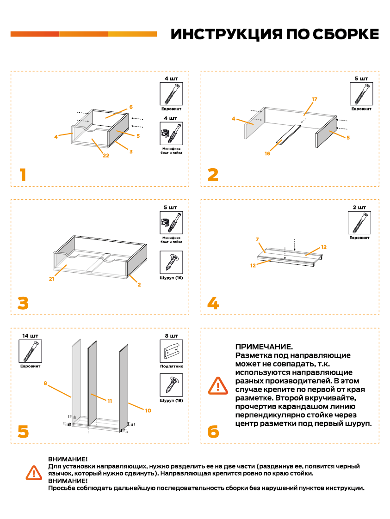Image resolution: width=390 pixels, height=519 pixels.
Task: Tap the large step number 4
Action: [213, 303]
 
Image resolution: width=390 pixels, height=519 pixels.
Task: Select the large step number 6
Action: [213, 432]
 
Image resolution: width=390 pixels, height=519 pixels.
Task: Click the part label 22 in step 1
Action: [106, 156]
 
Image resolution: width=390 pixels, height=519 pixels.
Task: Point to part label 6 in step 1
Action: [131, 107]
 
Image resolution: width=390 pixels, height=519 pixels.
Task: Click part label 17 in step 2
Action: [315, 99]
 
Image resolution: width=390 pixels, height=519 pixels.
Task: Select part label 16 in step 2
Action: [267, 154]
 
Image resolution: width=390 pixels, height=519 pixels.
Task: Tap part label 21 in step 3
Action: [51, 279]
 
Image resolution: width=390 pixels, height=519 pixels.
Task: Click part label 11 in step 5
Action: [110, 401]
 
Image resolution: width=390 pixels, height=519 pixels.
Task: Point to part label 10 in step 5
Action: [148, 410]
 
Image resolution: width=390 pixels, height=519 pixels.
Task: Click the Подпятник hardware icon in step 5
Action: [171, 351]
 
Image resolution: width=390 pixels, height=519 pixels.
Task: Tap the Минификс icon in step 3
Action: [171, 224]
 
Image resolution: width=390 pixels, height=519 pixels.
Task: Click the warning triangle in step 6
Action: [218, 385]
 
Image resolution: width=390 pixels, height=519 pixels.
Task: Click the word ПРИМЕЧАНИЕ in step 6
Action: [264, 347]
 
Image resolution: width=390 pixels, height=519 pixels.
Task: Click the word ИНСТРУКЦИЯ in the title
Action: [225, 35]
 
